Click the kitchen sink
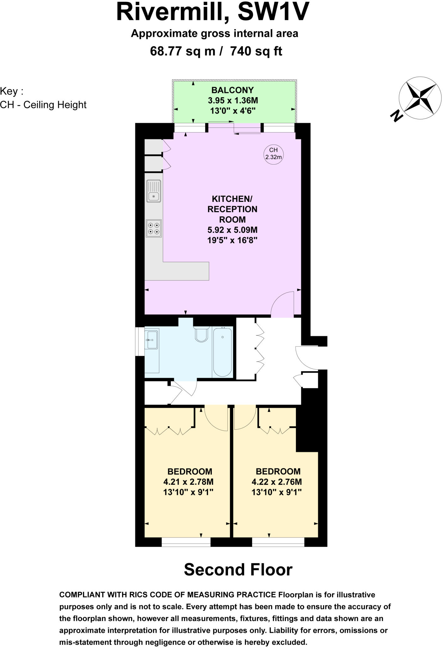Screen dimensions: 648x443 coord(154,191)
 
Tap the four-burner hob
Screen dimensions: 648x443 coord(154,228)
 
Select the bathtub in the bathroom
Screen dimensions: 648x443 coord(223,352)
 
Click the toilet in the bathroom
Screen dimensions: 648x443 coord(201,334)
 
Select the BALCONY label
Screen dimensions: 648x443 coord(232,90)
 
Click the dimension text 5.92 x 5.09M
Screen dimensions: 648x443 coord(232,230)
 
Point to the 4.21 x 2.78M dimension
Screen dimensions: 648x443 coord(188,482)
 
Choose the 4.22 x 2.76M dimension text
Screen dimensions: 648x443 coord(277,482)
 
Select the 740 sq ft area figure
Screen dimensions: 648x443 coord(256,51)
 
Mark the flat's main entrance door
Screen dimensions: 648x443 coord(307,358)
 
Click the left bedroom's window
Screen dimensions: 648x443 coord(186,542)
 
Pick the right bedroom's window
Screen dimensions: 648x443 coord(278,542)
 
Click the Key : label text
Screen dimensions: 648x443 coord(12,91)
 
